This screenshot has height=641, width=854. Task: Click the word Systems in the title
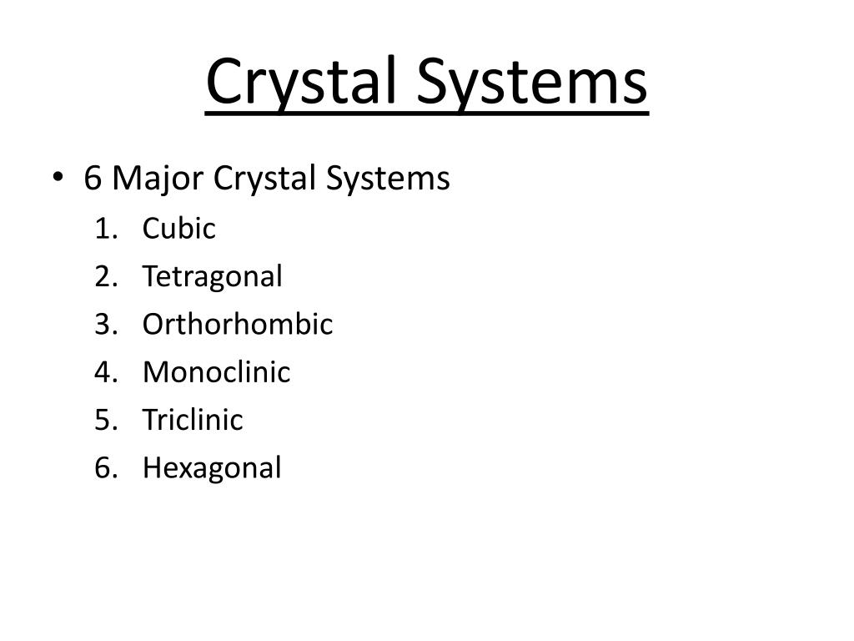[531, 82]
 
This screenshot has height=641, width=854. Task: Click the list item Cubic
[179, 228]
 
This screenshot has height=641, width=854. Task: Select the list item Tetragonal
[213, 276]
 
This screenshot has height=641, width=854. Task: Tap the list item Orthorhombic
[238, 324]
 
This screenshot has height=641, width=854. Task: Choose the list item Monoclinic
[217, 371]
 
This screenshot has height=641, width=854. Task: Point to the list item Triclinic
[193, 419]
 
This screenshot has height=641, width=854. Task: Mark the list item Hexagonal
[212, 467]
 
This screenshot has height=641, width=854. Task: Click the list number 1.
[103, 228]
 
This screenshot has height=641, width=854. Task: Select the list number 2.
[103, 276]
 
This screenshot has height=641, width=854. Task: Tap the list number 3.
[103, 324]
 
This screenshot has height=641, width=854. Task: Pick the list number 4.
[103, 371]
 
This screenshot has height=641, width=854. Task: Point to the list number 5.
[103, 419]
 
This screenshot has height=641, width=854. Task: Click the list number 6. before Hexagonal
[103, 467]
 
